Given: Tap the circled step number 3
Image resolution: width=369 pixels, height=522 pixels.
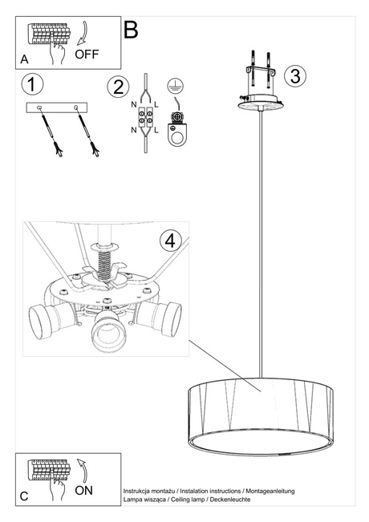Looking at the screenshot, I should coord(294,76).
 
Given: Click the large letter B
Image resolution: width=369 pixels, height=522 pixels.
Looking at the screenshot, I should coord(131,30).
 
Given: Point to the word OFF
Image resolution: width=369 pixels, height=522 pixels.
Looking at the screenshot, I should coord(88,55).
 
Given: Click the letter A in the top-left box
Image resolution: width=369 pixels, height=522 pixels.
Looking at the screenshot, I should coord(26,59).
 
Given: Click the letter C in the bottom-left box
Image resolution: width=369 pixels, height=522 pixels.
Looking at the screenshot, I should coord(24,496).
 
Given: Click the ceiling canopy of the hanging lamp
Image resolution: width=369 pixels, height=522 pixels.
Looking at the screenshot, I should coord(261,101).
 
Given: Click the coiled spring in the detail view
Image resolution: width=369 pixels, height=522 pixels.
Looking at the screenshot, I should coord(103,256).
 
